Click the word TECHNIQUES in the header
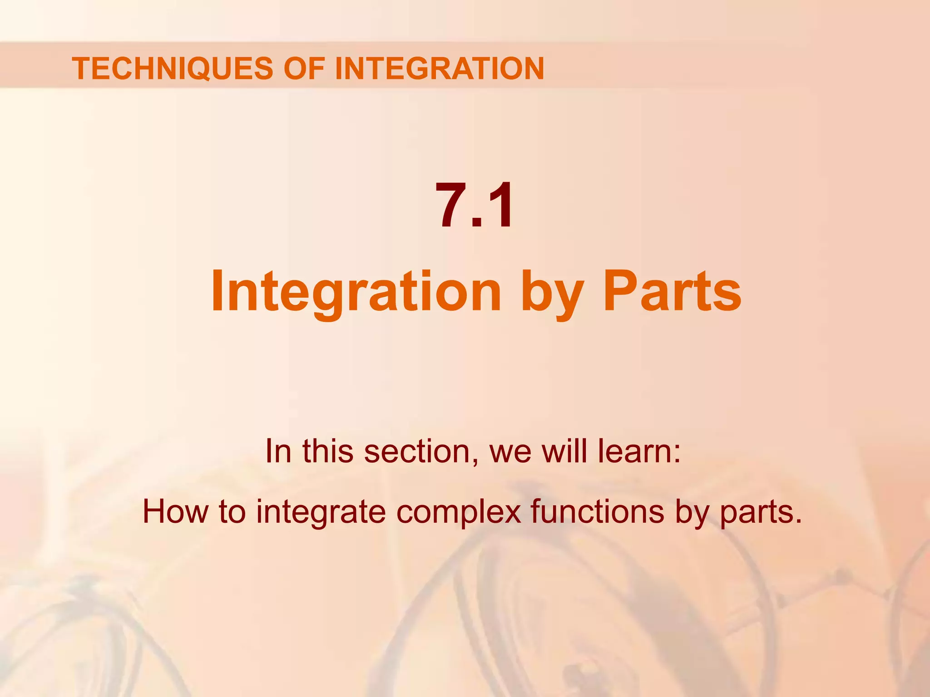click(173, 69)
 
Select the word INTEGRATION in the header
click(439, 69)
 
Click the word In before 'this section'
click(278, 451)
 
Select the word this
click(328, 451)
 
